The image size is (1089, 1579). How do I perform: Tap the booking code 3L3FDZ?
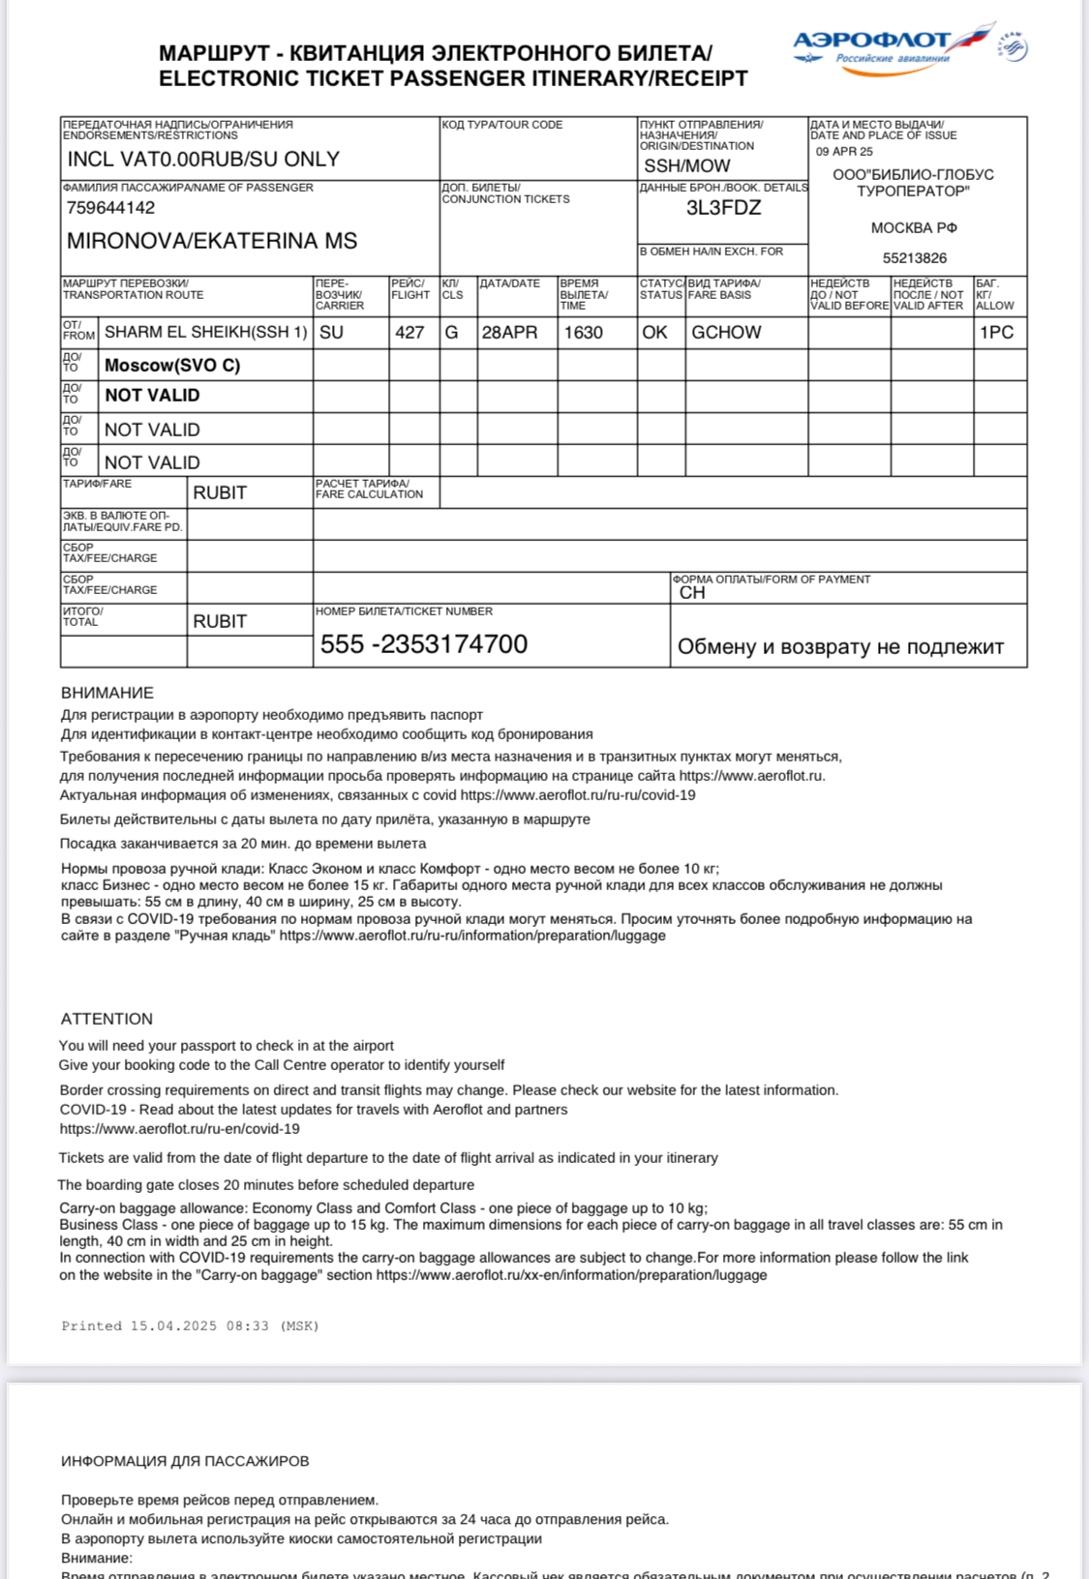pyautogui.click(x=723, y=208)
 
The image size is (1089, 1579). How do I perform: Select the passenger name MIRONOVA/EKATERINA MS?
pyautogui.click(x=211, y=241)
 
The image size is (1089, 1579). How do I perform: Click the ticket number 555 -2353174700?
pyautogui.click(x=423, y=644)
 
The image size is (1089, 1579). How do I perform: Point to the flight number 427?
pyautogui.click(x=409, y=333)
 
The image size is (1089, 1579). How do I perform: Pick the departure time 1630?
pyautogui.click(x=583, y=333)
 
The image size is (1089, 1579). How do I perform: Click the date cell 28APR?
pyautogui.click(x=509, y=333)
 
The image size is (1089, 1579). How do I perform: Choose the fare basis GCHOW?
pyautogui.click(x=726, y=333)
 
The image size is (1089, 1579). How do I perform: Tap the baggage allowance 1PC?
pyautogui.click(x=996, y=333)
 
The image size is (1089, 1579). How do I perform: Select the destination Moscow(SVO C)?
pyautogui.click(x=172, y=366)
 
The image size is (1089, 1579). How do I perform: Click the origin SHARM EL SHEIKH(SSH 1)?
pyautogui.click(x=205, y=333)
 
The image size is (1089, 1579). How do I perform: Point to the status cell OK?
pyautogui.click(x=654, y=333)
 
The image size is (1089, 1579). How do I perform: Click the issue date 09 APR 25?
pyautogui.click(x=844, y=152)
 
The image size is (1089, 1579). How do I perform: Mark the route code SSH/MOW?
pyautogui.click(x=687, y=166)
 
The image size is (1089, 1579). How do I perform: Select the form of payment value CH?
pyautogui.click(x=692, y=593)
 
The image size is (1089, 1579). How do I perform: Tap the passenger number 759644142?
pyautogui.click(x=110, y=208)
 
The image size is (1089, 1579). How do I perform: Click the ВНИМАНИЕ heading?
pyautogui.click(x=107, y=693)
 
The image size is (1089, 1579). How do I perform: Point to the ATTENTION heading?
pyautogui.click(x=106, y=1019)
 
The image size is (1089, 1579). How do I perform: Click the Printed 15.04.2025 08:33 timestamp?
pyautogui.click(x=190, y=1326)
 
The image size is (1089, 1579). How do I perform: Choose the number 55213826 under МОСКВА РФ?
pyautogui.click(x=915, y=258)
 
